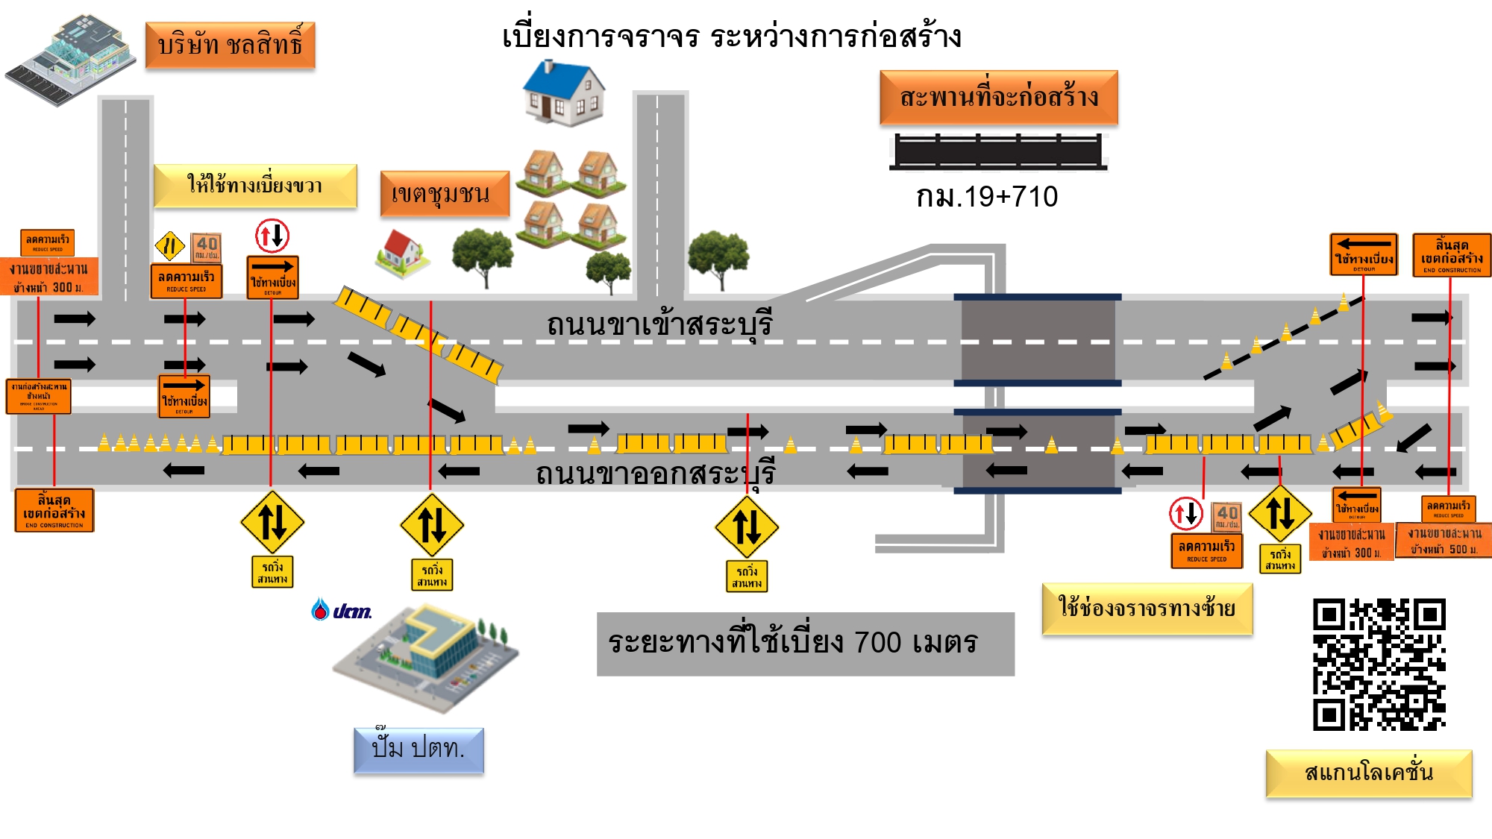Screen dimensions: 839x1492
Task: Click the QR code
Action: point(1379,664)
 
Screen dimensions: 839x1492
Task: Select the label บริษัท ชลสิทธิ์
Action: point(230,45)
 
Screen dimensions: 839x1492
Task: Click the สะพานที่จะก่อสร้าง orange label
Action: point(998,98)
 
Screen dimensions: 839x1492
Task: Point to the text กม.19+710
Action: point(986,197)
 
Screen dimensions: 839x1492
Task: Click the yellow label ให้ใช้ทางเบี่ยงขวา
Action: point(254,185)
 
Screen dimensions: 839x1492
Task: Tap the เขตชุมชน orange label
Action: point(445,194)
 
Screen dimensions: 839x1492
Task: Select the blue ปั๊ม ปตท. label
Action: point(419,749)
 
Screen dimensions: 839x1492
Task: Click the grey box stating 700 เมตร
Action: point(805,644)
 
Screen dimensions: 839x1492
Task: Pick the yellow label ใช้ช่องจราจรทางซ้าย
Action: point(1147,609)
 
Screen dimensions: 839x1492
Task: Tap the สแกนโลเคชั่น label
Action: point(1368,773)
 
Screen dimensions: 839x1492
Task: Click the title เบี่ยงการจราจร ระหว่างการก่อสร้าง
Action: point(731,36)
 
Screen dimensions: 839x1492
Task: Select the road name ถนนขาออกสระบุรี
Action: point(655,474)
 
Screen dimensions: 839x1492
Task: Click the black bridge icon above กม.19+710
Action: point(997,151)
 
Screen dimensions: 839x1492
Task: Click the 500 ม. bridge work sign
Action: point(1444,541)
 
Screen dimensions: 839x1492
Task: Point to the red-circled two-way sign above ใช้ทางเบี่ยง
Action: point(272,236)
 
